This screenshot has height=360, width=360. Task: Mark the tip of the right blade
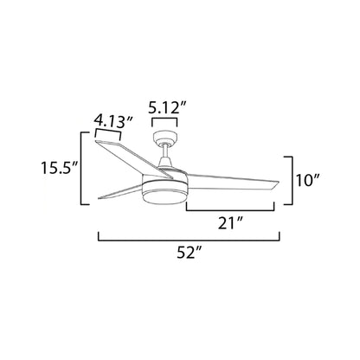[275, 183]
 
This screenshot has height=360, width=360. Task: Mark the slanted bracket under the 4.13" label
[107, 132]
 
